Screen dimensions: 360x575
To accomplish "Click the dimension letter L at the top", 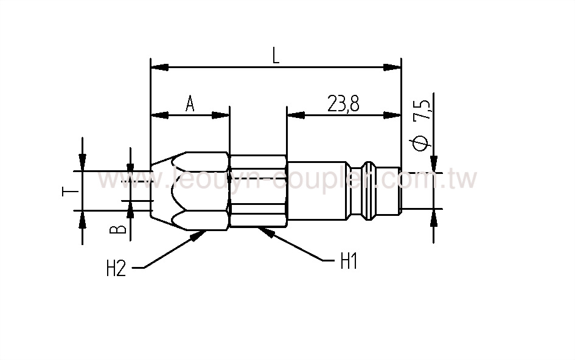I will (x=276, y=56).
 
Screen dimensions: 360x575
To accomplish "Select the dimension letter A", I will (x=190, y=105).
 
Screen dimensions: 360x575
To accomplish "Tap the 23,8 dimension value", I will (x=343, y=105).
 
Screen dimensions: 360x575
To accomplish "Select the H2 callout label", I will (x=116, y=268).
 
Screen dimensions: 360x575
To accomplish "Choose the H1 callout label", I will (x=348, y=262).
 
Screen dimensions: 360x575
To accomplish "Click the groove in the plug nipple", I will (x=369, y=190).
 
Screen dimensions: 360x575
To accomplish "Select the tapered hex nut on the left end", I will (x=189, y=190).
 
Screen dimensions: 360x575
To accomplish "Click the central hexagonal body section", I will (x=257, y=190).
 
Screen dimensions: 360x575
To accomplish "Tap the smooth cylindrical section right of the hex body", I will (x=316, y=190).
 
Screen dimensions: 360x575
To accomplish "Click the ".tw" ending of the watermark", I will (x=465, y=180).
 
